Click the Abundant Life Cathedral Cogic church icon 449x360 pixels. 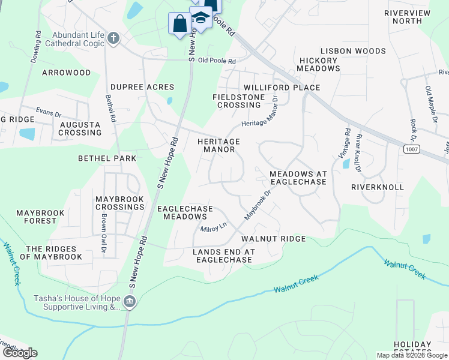pos(113,39)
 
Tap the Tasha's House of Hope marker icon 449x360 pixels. pos(130,302)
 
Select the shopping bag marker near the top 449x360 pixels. pos(179,25)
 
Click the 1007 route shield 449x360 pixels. pos(411,148)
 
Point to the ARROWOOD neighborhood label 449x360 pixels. pos(66,73)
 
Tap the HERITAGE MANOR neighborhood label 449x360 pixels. pos(218,145)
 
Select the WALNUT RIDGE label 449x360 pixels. pos(273,239)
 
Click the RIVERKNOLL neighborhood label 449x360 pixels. pos(378,187)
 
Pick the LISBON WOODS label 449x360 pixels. pos(353,51)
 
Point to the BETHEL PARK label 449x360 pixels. pos(107,158)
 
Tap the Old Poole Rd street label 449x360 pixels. pos(217,61)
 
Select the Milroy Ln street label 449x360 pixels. pos(214,228)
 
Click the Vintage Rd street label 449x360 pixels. pos(347,142)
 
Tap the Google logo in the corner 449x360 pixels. pos(20,353)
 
